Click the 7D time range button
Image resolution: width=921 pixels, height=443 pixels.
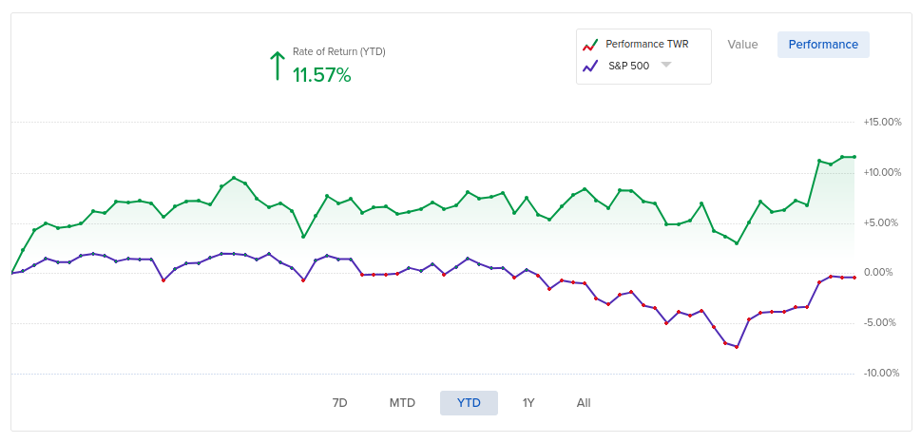(339, 403)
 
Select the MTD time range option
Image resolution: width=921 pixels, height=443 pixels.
(402, 403)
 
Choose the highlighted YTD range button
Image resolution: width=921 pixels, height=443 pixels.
(469, 403)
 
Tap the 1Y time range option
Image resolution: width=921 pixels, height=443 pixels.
(528, 403)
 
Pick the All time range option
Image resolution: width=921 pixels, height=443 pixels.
(584, 403)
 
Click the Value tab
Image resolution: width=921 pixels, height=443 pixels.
(742, 45)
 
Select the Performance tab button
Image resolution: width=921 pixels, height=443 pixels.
(823, 45)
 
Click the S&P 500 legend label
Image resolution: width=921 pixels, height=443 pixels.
(628, 66)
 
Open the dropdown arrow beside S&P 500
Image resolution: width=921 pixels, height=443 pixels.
(666, 65)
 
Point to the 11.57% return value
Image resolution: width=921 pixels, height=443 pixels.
(321, 75)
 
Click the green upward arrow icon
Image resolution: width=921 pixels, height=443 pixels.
(277, 66)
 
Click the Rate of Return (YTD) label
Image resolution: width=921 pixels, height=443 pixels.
(338, 51)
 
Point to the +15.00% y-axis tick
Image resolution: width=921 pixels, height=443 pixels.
(881, 122)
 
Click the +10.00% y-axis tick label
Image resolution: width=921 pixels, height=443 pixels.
(881, 172)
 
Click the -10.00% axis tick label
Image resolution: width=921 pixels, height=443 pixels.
(881, 373)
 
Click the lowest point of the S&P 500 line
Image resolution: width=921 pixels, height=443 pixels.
(737, 347)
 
